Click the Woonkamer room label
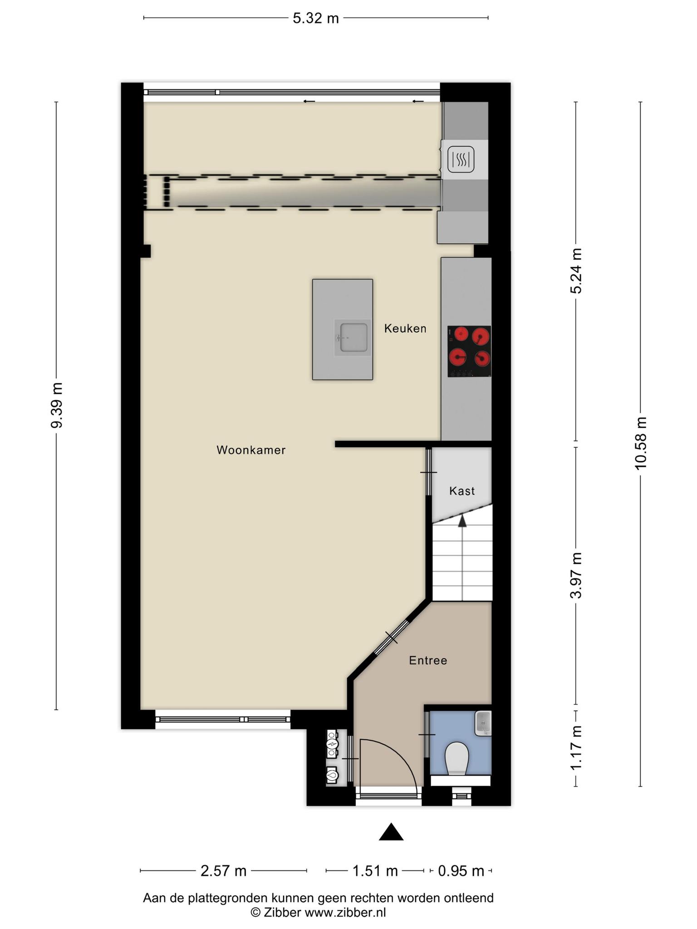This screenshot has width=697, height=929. (251, 450)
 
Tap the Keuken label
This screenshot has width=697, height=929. (405, 328)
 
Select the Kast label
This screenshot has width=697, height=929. (462, 491)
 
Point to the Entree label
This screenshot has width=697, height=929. (428, 660)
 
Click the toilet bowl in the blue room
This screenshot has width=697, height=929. (457, 759)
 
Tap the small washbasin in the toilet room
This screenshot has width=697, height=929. (483, 723)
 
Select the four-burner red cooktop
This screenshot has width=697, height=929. (469, 351)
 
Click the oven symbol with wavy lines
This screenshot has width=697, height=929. (461, 159)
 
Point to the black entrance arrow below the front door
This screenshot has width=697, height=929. (391, 832)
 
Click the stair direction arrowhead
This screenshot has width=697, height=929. (462, 520)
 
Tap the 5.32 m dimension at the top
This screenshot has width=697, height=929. (316, 18)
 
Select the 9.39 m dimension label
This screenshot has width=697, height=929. (57, 405)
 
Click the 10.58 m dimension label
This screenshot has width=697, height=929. (641, 443)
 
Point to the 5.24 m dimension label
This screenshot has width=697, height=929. (576, 271)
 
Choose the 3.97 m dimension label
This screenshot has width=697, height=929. (576, 576)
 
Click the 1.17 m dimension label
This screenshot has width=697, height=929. (576, 748)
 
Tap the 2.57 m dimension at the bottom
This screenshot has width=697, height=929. (223, 871)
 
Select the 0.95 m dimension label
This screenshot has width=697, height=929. (461, 871)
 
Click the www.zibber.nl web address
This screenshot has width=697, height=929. (345, 913)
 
